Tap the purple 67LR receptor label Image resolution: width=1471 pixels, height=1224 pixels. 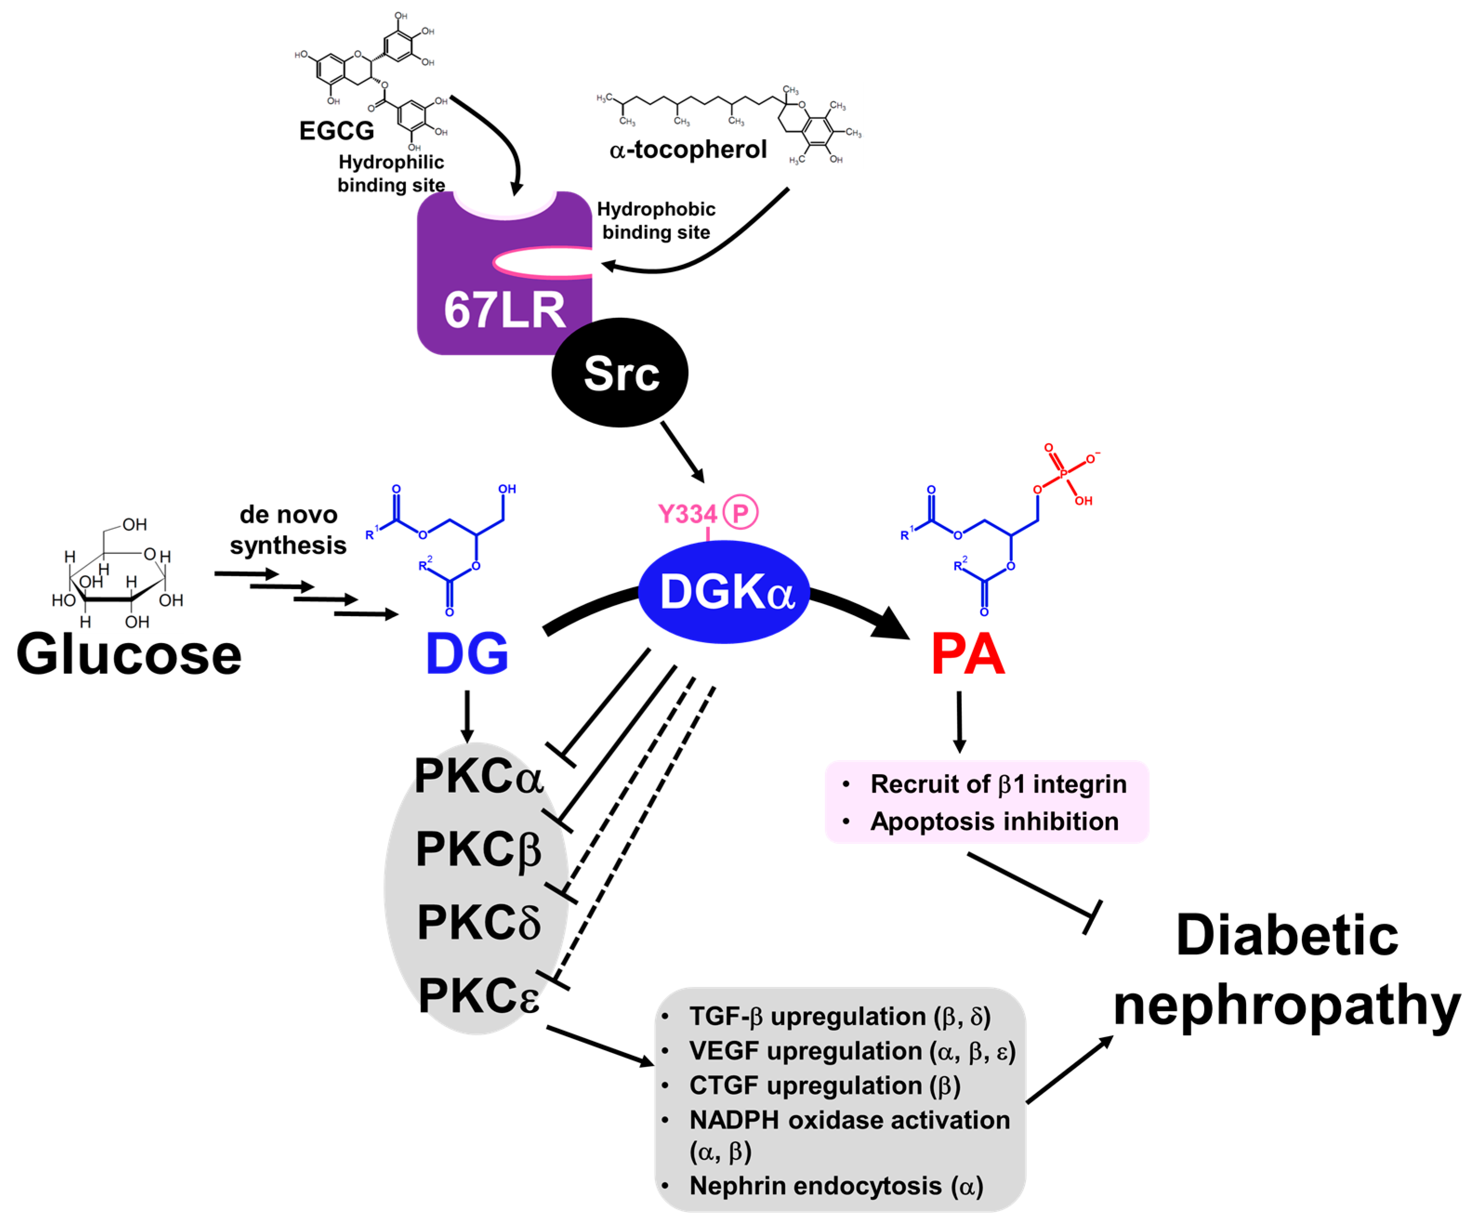(504, 310)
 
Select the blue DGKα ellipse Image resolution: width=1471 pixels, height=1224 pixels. (725, 592)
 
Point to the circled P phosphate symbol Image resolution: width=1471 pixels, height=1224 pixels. (741, 512)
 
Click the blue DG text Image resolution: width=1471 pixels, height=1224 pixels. (467, 653)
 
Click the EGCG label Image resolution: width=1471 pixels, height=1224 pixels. (336, 131)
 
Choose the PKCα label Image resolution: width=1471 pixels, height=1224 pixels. (479, 777)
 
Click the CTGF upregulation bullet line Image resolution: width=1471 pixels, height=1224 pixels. (824, 1085)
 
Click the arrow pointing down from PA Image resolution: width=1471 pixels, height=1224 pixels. (959, 722)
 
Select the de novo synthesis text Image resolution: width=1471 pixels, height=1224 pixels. (288, 530)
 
